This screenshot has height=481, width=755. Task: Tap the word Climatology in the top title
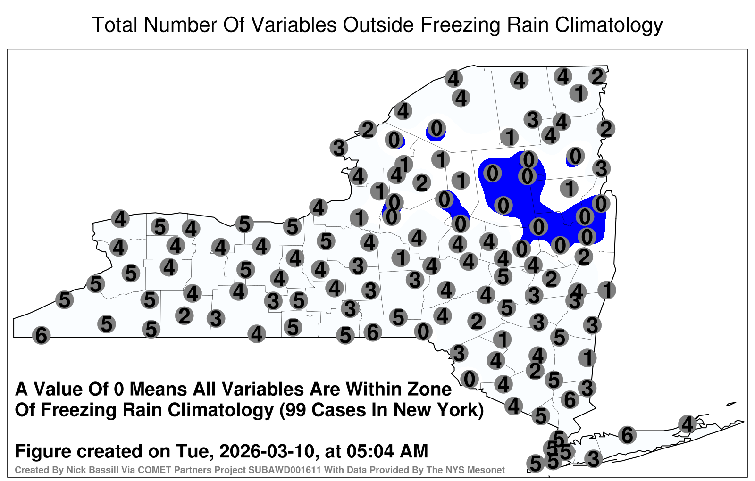(609, 25)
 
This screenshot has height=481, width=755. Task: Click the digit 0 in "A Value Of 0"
(119, 390)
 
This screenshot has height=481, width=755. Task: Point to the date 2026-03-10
(269, 451)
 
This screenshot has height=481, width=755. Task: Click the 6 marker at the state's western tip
(41, 335)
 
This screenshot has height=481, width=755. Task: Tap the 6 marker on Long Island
(627, 435)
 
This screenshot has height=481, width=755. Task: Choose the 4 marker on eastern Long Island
(687, 424)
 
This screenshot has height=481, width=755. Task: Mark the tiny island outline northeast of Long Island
(731, 404)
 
